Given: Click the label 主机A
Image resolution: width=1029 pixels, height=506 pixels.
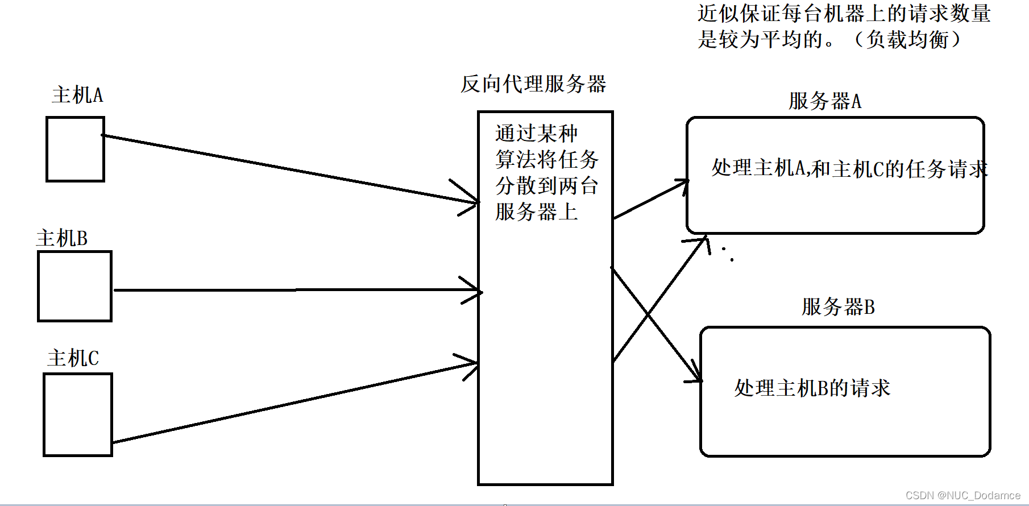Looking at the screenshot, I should [77, 95].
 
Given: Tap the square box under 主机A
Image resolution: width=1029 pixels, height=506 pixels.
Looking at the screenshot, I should [75, 150].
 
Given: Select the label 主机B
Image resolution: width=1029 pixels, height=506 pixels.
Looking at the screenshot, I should [62, 238].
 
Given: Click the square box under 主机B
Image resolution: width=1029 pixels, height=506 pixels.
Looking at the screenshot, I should [74, 287].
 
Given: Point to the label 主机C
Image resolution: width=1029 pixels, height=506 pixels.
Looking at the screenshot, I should [73, 358].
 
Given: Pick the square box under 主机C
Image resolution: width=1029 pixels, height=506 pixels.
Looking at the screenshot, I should [78, 414].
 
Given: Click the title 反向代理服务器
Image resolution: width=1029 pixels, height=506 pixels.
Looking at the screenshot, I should [533, 84].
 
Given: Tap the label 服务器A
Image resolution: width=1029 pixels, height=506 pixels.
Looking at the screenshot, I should [825, 101].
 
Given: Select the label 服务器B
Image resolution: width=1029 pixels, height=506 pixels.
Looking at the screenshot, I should [838, 307].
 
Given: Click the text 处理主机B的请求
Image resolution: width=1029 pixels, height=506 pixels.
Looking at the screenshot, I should [812, 388].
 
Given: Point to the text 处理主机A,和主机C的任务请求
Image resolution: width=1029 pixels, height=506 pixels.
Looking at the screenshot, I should [849, 169].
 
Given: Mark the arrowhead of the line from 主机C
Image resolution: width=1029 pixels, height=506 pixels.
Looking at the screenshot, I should [475, 363].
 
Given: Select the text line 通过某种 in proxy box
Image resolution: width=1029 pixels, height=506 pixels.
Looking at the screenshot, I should [536, 134].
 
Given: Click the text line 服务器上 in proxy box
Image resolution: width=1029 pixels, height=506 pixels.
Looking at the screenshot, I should [536, 212].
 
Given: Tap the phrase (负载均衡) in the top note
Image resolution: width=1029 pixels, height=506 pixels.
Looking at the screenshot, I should [907, 39].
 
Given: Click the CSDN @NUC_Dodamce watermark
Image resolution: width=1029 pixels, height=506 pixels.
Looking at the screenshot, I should [962, 495].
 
